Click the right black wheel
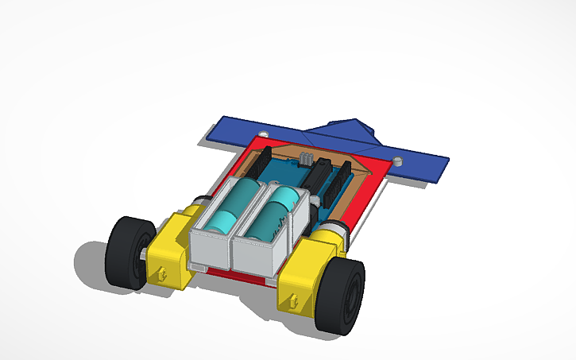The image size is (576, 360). tap(340, 296)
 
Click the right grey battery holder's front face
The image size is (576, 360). tap(254, 261)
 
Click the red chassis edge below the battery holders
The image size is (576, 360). tap(238, 278)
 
